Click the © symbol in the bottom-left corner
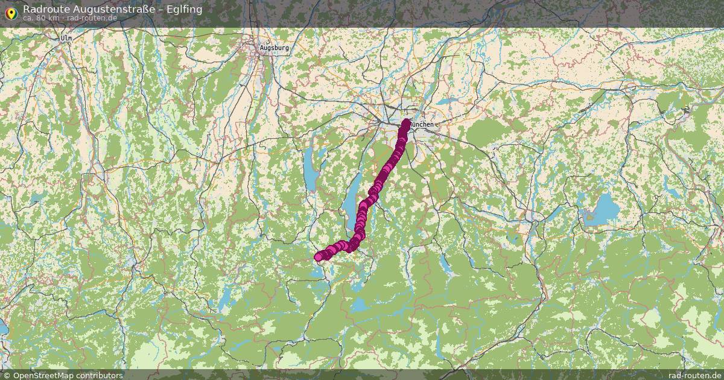click(x=6, y=375)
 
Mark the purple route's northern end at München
click(x=406, y=122)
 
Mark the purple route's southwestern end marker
click(x=319, y=258)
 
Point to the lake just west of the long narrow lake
click(x=310, y=171)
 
